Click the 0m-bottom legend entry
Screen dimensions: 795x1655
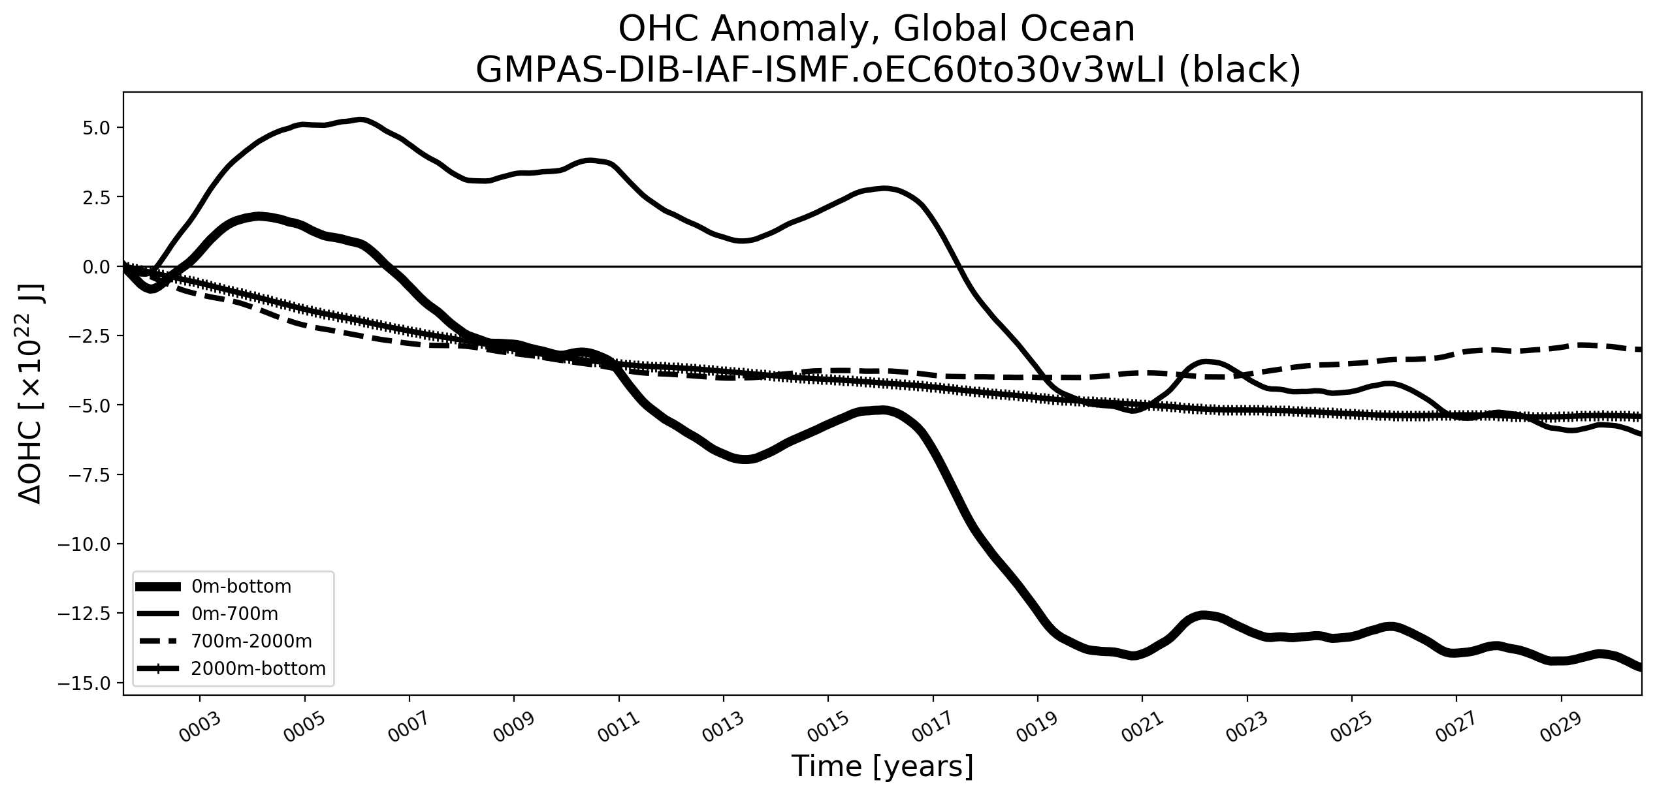click(x=241, y=587)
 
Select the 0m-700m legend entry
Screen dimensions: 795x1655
click(x=234, y=614)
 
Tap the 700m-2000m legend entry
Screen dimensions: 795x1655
click(x=251, y=642)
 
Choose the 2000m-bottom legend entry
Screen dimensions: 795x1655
click(x=258, y=669)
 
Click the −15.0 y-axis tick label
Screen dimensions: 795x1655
click(x=89, y=683)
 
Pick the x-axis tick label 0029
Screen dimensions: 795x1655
click(x=1563, y=726)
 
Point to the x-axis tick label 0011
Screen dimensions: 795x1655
click(x=620, y=726)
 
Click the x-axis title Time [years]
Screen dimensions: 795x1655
click(x=882, y=766)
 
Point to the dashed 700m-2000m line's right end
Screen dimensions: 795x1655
click(x=1640, y=350)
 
